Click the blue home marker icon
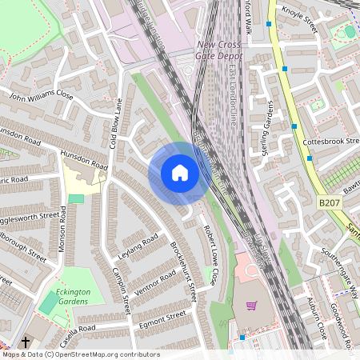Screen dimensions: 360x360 click(180, 172)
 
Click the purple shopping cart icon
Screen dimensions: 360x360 click(252, 306)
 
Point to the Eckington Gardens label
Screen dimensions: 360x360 click(67, 297)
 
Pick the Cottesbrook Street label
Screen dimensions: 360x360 click(330, 141)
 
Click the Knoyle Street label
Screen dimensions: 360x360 click(299, 21)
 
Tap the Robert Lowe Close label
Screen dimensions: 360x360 click(210, 254)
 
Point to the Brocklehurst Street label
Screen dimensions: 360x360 click(184, 272)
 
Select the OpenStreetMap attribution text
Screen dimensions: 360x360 click(80, 354)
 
